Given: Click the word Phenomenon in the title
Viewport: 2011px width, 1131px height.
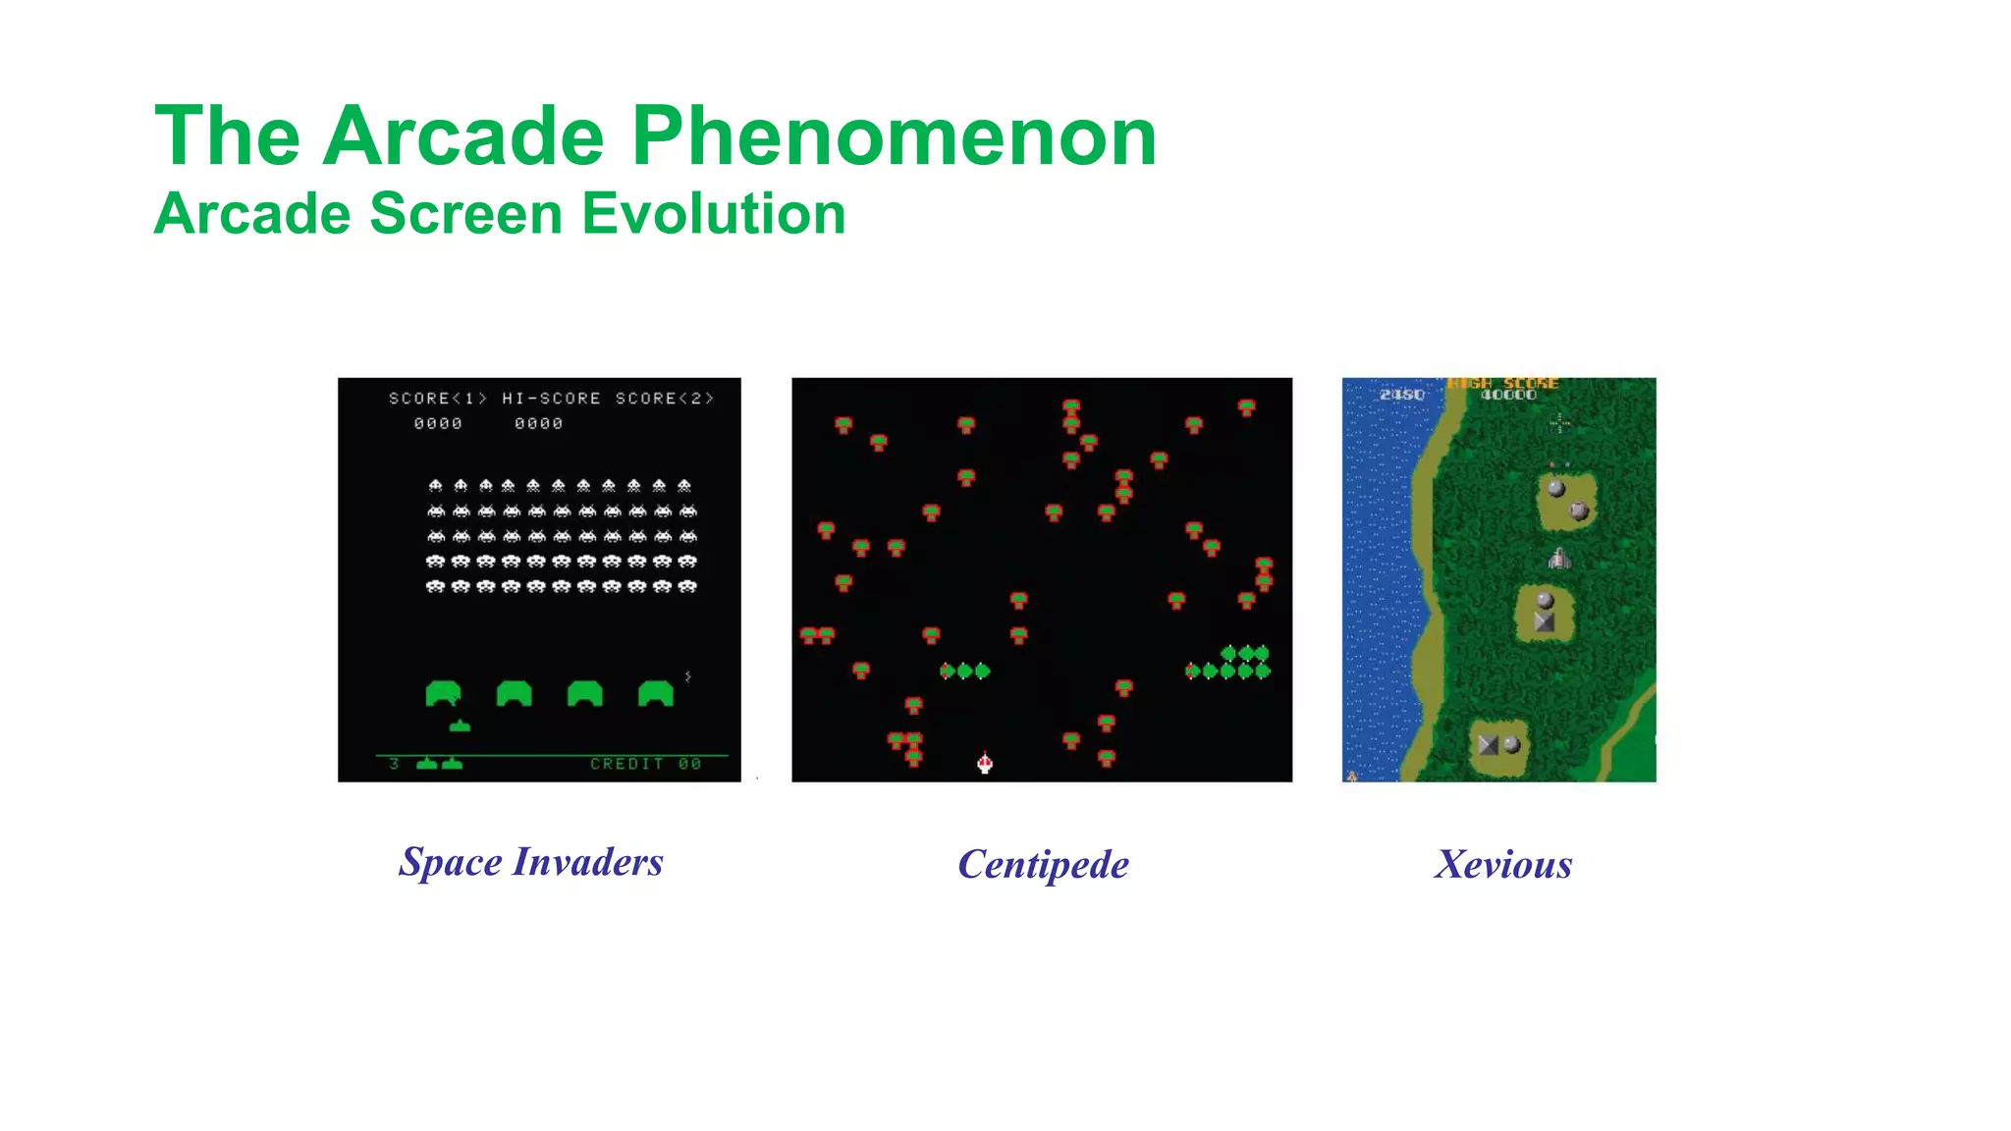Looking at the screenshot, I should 894,137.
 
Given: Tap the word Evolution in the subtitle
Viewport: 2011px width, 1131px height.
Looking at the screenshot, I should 713,214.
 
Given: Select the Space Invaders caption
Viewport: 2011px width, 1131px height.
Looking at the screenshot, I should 531,862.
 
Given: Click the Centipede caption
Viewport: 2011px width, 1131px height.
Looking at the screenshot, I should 1043,865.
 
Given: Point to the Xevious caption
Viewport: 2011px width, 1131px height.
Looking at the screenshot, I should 1503,865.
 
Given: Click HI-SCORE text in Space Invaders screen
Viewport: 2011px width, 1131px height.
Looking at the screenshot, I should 551,399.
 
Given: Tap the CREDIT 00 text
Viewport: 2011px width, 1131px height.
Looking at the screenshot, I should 645,764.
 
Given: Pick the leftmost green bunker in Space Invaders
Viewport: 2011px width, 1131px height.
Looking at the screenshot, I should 443,693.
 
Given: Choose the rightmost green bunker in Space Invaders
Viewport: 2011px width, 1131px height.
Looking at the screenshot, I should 656,693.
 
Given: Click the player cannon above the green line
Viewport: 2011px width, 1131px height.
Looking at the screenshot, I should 460,726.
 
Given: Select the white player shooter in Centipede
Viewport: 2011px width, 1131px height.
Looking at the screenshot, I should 985,762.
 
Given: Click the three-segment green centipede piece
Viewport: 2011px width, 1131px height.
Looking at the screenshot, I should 964,671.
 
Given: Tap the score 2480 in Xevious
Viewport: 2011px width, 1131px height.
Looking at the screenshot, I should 1401,395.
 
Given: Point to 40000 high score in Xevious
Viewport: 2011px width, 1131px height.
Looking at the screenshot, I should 1508,395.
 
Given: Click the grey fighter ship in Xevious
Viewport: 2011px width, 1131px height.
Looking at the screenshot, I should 1559,560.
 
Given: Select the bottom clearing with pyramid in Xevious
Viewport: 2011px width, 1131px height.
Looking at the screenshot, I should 1499,745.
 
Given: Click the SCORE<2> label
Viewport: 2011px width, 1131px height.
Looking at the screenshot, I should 664,399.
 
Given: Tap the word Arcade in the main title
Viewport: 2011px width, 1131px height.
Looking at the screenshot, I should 463,137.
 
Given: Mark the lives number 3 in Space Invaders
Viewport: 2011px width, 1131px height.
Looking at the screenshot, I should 394,764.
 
